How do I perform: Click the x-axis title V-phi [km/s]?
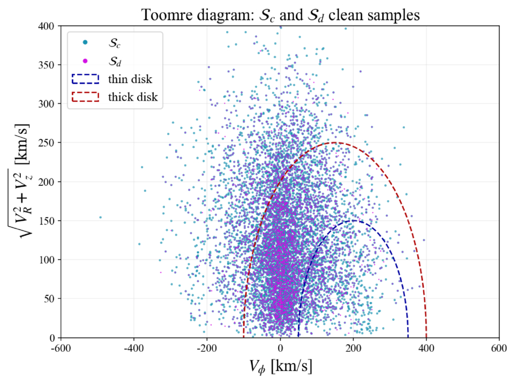[x=280, y=366]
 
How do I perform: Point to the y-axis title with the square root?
[x=20, y=181]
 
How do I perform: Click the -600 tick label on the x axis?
[x=61, y=348]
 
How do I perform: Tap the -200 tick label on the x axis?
[x=207, y=348]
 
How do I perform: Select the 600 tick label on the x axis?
[x=499, y=348]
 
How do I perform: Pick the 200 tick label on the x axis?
[x=353, y=348]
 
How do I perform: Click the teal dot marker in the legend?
[x=85, y=42]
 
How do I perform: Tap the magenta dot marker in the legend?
[x=85, y=61]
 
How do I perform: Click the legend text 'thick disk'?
[x=133, y=97]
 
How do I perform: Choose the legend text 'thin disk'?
[x=130, y=79]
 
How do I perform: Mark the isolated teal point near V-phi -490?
[x=100, y=217]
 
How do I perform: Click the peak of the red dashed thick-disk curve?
[x=335, y=142]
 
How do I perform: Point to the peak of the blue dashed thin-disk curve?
[x=354, y=221]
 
